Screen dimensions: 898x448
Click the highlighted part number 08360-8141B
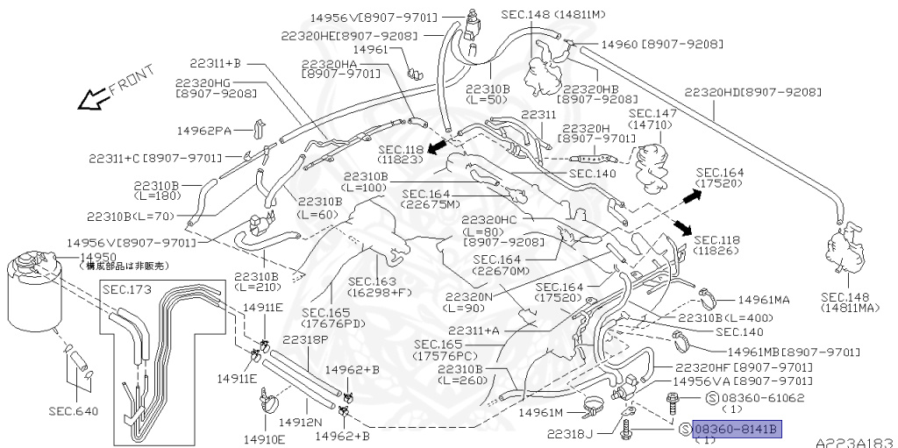(x=735, y=429)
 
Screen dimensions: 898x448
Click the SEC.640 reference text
(x=74, y=410)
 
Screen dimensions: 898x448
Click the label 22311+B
(x=214, y=63)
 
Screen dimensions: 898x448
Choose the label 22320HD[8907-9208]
(x=752, y=91)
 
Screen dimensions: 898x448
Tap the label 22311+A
(x=474, y=331)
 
